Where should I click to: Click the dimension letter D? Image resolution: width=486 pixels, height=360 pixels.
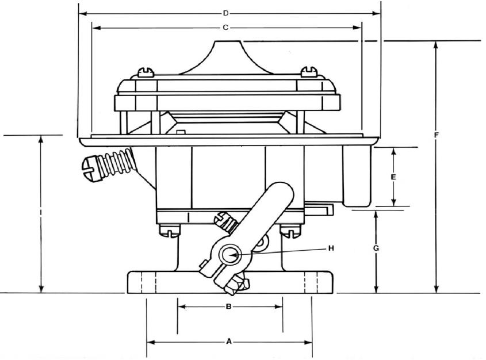[225, 13]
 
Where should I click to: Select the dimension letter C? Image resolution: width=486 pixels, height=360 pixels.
[225, 28]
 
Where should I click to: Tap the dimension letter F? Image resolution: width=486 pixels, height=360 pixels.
[436, 135]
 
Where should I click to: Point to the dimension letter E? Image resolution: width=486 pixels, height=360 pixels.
[393, 177]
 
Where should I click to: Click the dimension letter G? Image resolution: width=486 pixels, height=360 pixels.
[376, 248]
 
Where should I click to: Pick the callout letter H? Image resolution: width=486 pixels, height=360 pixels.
[331, 248]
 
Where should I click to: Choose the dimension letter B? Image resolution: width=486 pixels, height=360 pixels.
[228, 307]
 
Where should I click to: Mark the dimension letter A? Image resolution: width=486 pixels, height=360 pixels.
[229, 342]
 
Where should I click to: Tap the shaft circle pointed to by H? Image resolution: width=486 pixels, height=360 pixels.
[230, 255]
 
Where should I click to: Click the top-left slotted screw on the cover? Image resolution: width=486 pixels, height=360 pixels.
[146, 72]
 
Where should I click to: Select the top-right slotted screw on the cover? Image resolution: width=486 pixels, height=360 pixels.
[309, 72]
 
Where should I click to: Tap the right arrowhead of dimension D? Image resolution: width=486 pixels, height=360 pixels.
[376, 13]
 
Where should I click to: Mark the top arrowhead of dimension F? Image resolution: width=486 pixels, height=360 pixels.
[436, 45]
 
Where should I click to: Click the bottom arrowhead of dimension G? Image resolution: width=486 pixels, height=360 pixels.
[376, 289]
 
